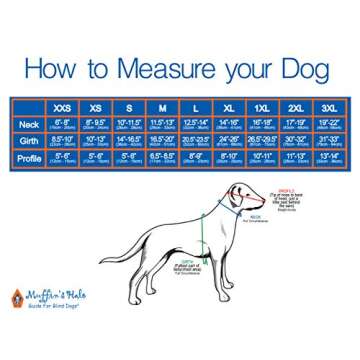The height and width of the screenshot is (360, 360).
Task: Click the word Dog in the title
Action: point(314,68)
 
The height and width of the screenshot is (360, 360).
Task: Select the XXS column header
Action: point(63,107)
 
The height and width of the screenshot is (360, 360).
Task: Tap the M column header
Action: point(162,107)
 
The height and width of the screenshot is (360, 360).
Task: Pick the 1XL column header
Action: point(262,107)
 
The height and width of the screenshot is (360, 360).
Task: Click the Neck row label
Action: point(28,125)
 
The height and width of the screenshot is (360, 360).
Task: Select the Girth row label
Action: point(28,141)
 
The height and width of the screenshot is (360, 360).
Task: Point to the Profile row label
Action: point(28,157)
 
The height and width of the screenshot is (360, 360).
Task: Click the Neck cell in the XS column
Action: point(96,125)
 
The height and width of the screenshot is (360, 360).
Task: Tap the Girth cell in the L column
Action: point(196,141)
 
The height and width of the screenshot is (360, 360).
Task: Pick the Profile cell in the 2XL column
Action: point(296,157)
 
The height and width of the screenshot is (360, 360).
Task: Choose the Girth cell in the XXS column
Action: point(63,141)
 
